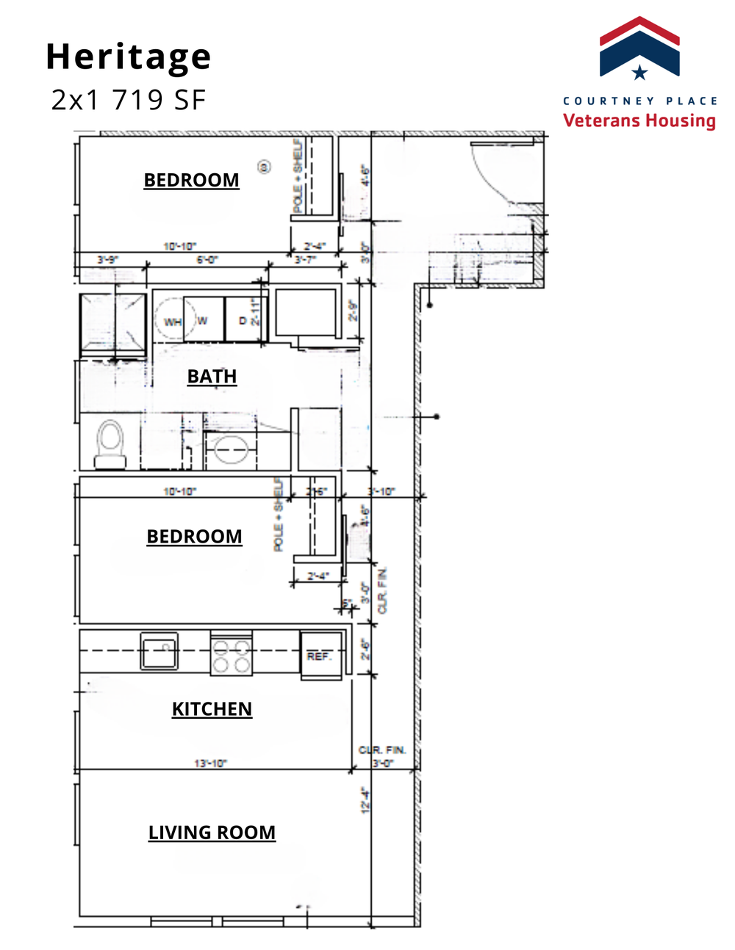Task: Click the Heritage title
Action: (x=129, y=57)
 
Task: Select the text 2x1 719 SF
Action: (x=129, y=100)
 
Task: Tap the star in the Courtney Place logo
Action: (x=639, y=72)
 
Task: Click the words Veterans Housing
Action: (x=639, y=120)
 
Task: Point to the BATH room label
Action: (x=212, y=376)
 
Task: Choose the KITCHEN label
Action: (x=212, y=708)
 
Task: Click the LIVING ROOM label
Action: (x=212, y=832)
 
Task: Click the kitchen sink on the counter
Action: (x=159, y=650)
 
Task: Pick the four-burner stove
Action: (x=232, y=653)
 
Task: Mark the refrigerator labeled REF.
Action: (x=320, y=655)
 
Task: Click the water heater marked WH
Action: (x=171, y=320)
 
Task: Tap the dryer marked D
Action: (x=243, y=320)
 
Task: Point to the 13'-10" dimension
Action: (x=210, y=764)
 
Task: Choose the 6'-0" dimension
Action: (x=207, y=260)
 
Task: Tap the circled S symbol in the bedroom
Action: (x=264, y=167)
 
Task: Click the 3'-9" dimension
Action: (x=107, y=260)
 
